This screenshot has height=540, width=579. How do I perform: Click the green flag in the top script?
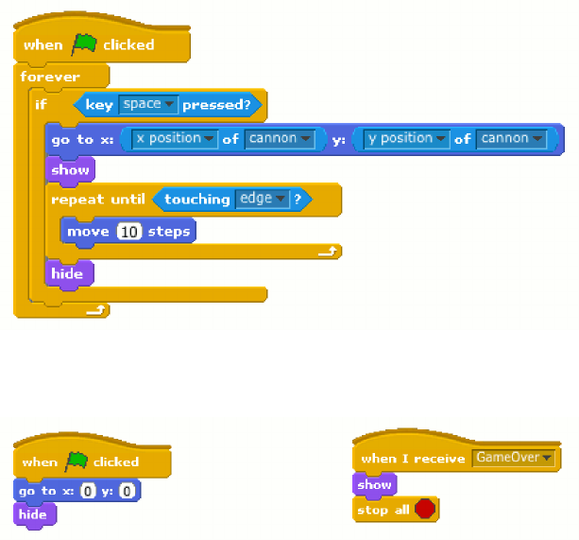(x=83, y=44)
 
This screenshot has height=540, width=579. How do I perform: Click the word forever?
(x=50, y=77)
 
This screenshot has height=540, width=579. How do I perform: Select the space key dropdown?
(x=148, y=104)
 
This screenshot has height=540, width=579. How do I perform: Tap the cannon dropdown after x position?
(x=280, y=139)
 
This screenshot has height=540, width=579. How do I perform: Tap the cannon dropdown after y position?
(x=511, y=139)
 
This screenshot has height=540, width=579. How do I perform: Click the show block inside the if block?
(x=70, y=170)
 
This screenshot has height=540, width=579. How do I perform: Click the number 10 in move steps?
(x=130, y=232)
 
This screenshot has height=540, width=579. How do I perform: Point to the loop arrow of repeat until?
(x=328, y=253)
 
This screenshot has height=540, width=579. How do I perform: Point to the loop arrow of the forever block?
(x=95, y=309)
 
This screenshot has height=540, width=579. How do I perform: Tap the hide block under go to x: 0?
(x=33, y=514)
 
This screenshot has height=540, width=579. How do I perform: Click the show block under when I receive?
(x=374, y=484)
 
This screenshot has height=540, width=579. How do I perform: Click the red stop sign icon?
(x=425, y=509)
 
